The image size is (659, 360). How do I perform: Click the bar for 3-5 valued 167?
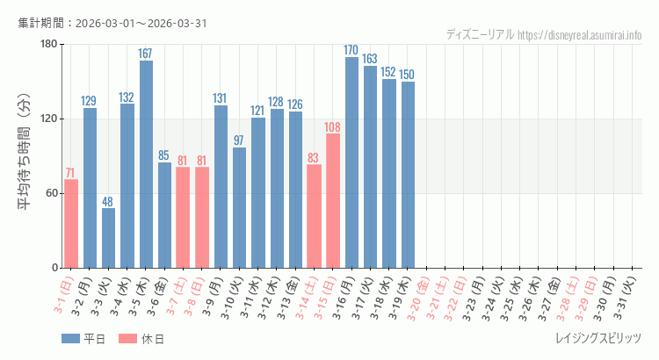point(146,164)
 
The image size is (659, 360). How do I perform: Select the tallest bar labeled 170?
point(351,162)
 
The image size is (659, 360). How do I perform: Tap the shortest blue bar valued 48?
point(108,238)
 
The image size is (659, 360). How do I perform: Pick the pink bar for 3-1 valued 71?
point(71,224)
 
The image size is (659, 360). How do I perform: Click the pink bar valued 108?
point(333,201)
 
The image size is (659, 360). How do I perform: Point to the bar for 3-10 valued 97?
point(239,207)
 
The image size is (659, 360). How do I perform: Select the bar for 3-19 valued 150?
point(408,175)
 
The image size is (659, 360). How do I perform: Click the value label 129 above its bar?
point(90,101)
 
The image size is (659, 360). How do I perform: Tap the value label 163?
point(370,59)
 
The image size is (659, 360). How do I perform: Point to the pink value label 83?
point(314,158)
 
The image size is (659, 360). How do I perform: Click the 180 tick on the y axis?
point(47,45)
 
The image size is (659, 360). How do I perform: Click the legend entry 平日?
point(83,339)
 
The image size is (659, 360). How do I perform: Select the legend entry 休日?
point(141,339)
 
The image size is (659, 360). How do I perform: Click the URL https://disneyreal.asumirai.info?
point(580,34)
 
